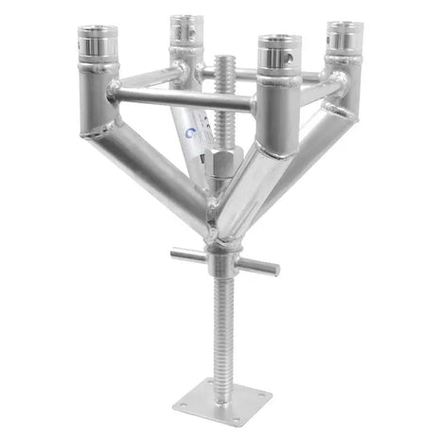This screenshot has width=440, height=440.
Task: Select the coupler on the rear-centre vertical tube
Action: tap(186, 29)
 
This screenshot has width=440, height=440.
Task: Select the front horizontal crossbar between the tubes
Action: tap(180, 97)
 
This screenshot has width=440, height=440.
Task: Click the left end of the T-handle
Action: tap(177, 253)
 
